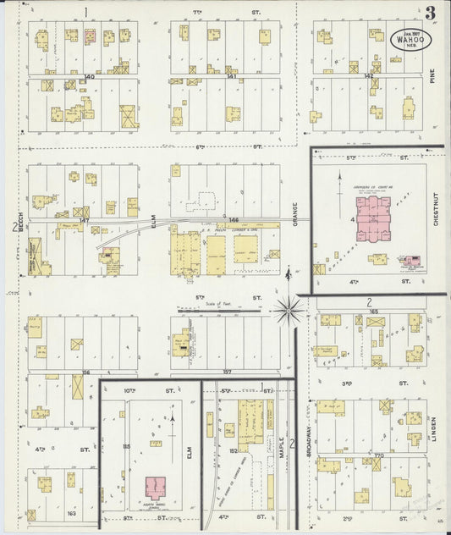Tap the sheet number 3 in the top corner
pos(431,13)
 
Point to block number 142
pos(369,76)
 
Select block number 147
pos(83,220)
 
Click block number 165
pos(373,312)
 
